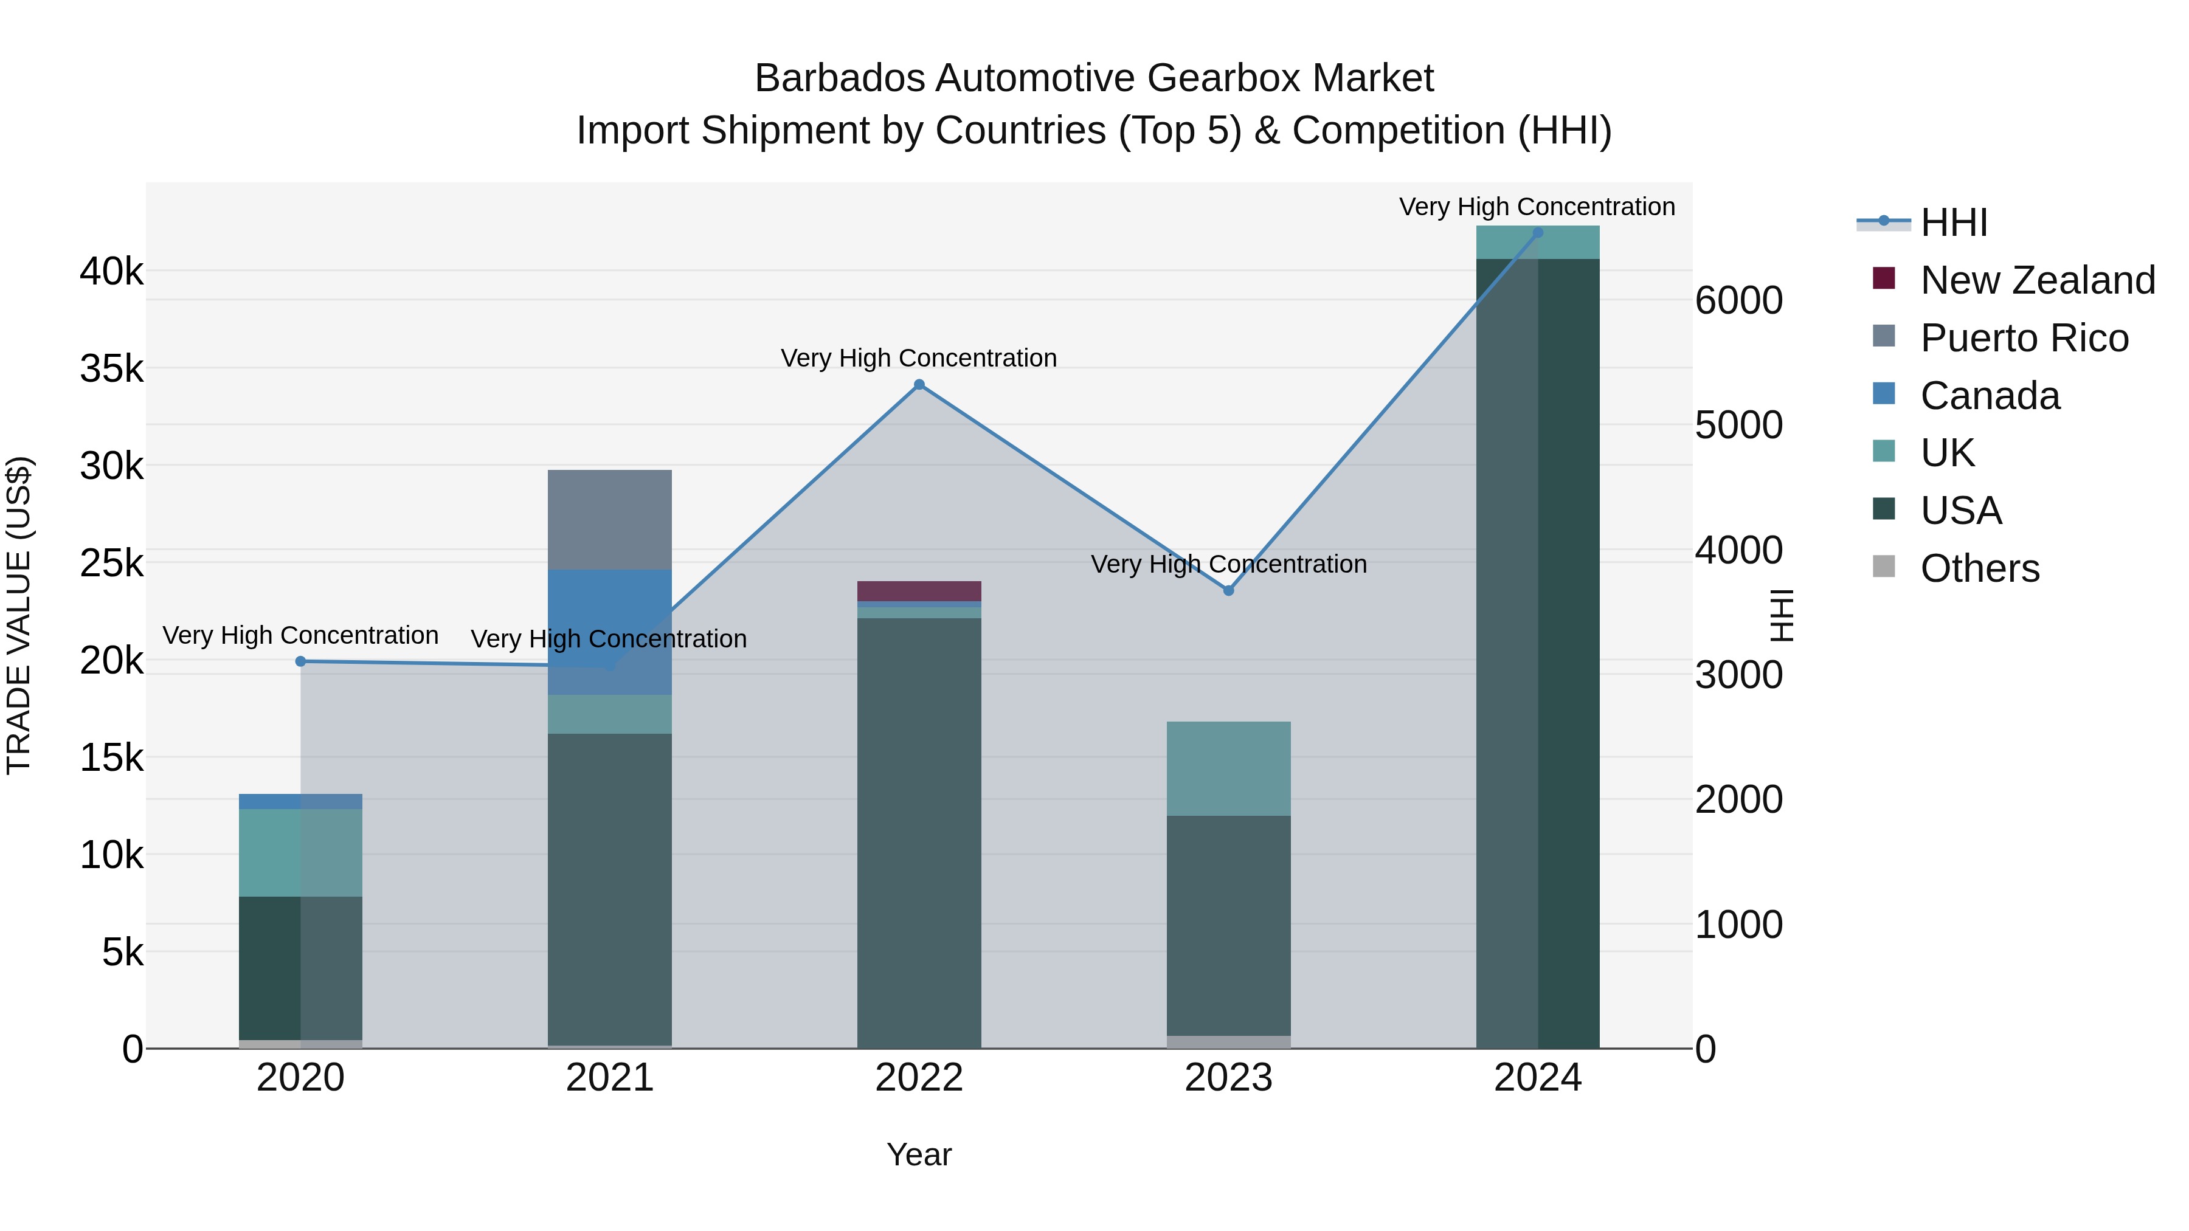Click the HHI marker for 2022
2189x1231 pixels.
(x=919, y=385)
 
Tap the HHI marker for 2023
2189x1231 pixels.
(x=1228, y=590)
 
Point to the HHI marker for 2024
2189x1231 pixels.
(x=1537, y=233)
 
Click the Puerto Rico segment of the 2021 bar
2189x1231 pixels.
(x=609, y=519)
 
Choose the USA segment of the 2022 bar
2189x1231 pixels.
(x=919, y=833)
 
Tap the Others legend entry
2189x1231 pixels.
(x=1979, y=568)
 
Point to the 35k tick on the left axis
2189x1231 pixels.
(x=111, y=370)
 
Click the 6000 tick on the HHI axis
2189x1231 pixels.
(x=1738, y=301)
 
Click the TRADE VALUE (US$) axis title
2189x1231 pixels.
(x=19, y=615)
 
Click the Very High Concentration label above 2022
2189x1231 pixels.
(x=919, y=359)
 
